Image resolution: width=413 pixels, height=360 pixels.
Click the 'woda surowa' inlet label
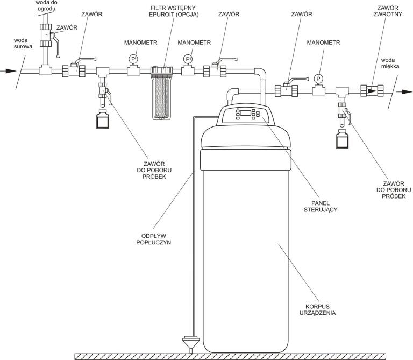[23, 44]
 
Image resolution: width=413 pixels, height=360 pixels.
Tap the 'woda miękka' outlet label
[390, 63]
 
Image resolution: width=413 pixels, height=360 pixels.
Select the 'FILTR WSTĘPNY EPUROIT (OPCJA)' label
[174, 11]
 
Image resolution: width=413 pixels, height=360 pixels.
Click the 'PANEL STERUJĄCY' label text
[321, 206]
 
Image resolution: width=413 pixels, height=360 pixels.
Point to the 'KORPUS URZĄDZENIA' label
[318, 309]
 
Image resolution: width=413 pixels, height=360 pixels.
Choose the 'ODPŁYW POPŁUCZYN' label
[154, 239]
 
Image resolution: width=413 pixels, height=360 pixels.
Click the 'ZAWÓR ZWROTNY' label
[388, 11]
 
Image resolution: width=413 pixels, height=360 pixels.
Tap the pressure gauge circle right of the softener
[318, 79]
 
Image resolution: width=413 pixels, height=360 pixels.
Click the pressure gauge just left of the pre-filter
[133, 59]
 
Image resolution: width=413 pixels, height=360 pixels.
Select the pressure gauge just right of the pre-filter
[188, 59]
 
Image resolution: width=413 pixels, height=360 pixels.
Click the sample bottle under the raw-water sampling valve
[103, 119]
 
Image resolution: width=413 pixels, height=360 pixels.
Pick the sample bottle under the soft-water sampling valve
[342, 139]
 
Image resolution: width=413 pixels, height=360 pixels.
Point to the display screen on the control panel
[245, 113]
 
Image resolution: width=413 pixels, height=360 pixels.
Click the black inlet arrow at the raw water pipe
[8, 71]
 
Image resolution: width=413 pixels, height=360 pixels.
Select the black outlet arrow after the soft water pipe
[404, 91]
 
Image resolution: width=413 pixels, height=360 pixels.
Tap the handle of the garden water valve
[56, 45]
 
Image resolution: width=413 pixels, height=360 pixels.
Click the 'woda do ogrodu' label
[47, 5]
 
